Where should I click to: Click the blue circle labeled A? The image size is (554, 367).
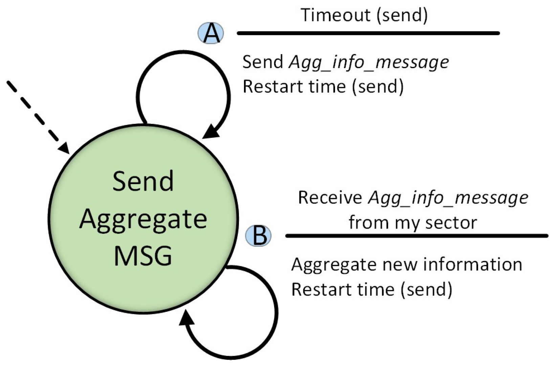pyautogui.click(x=211, y=33)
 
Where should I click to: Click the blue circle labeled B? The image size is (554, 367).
pyautogui.click(x=258, y=235)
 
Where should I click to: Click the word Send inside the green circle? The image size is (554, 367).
pyautogui.click(x=143, y=181)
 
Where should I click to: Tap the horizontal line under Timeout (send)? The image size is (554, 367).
pyautogui.click(x=368, y=33)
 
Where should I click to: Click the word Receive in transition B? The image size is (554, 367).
pyautogui.click(x=330, y=197)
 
